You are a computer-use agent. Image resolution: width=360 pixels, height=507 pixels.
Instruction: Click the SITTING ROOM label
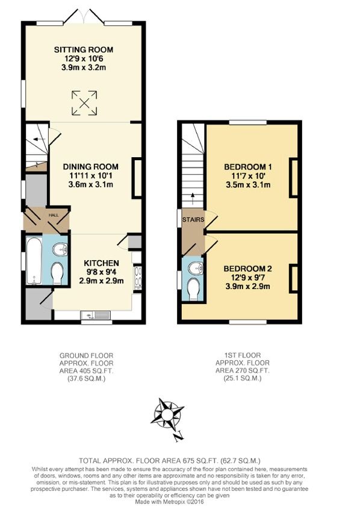coord(84,49)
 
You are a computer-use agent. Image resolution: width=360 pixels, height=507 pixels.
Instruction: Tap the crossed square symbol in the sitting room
coord(84,102)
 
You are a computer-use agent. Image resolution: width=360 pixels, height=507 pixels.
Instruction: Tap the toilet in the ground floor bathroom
coord(58,274)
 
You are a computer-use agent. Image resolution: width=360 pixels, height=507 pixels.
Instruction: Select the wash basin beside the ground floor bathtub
coord(59,249)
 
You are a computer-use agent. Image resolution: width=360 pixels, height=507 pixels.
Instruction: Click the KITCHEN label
coord(101,264)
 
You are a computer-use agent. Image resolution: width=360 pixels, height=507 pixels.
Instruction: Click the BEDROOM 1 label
coord(248,167)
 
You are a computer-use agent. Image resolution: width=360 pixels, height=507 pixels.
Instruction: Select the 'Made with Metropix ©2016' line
coord(179,502)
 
